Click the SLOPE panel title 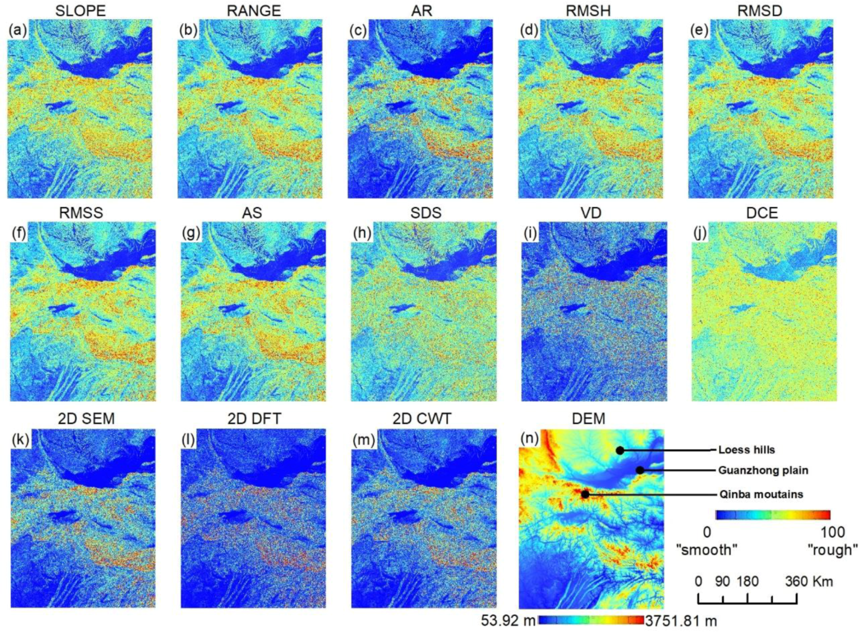pyautogui.click(x=81, y=10)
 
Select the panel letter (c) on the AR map pyautogui.click(x=358, y=31)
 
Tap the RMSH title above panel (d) pyautogui.click(x=588, y=10)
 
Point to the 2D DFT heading pyautogui.click(x=254, y=419)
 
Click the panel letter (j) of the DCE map pyautogui.click(x=699, y=234)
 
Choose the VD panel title pyautogui.click(x=591, y=213)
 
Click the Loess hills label pyautogui.click(x=747, y=450)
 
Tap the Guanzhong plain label pyautogui.click(x=763, y=470)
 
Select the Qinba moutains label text pyautogui.click(x=761, y=495)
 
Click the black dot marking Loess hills pyautogui.click(x=619, y=450)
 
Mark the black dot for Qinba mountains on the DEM pyautogui.click(x=585, y=495)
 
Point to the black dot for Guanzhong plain pyautogui.click(x=640, y=470)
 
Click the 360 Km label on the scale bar pyautogui.click(x=808, y=581)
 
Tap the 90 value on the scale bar pyautogui.click(x=722, y=581)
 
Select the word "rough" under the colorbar pyautogui.click(x=833, y=550)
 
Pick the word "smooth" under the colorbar pyautogui.click(x=707, y=550)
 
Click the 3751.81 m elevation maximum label pyautogui.click(x=681, y=621)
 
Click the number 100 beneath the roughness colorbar pyautogui.click(x=833, y=532)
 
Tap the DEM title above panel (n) pyautogui.click(x=588, y=419)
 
